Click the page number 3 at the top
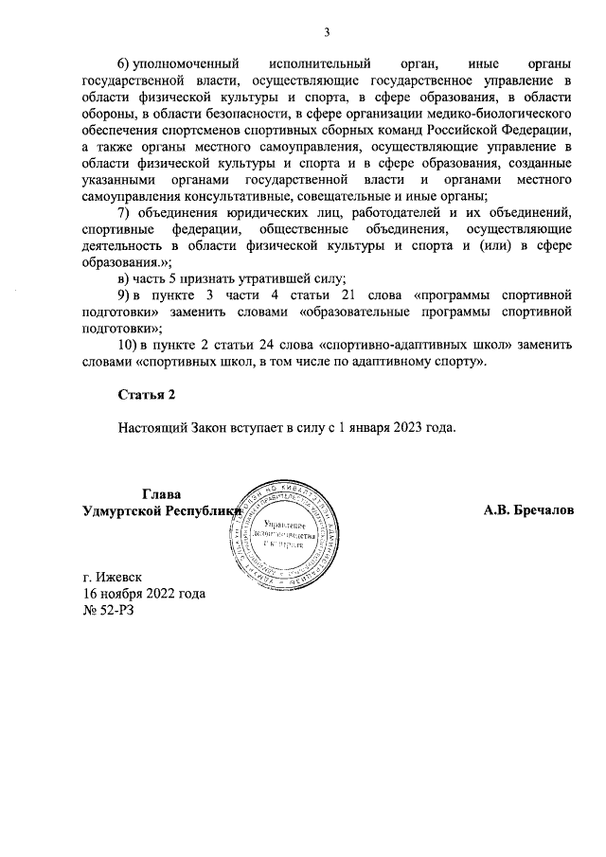pyautogui.click(x=327, y=32)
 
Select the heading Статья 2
pyautogui.click(x=148, y=393)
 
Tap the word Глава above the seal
pyautogui.click(x=160, y=493)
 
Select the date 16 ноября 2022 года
pyautogui.click(x=144, y=594)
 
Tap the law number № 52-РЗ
pyautogui.click(x=111, y=611)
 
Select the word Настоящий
pyautogui.click(x=155, y=426)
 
